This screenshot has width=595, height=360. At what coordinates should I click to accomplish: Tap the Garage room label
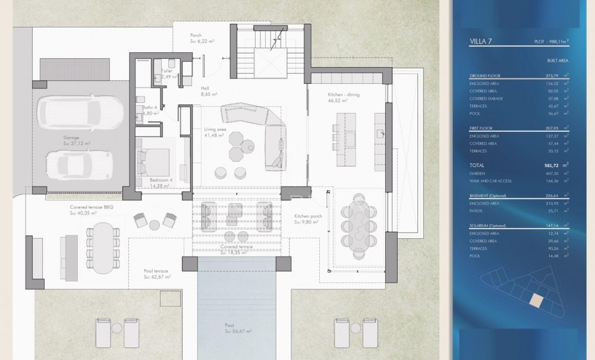pyautogui.click(x=71, y=137)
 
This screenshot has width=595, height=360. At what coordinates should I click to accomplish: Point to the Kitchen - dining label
pyautogui.click(x=344, y=94)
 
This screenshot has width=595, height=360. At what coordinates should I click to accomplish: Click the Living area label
pyautogui.click(x=214, y=129)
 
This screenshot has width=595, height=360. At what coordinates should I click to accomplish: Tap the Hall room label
pyautogui.click(x=205, y=88)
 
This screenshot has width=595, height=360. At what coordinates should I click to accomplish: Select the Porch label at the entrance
pyautogui.click(x=196, y=35)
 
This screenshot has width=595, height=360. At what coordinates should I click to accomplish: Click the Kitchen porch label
pyautogui.click(x=307, y=217)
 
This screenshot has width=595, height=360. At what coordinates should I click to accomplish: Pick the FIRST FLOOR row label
pyautogui.click(x=482, y=128)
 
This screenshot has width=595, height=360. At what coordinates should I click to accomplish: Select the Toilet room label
pyautogui.click(x=167, y=70)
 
